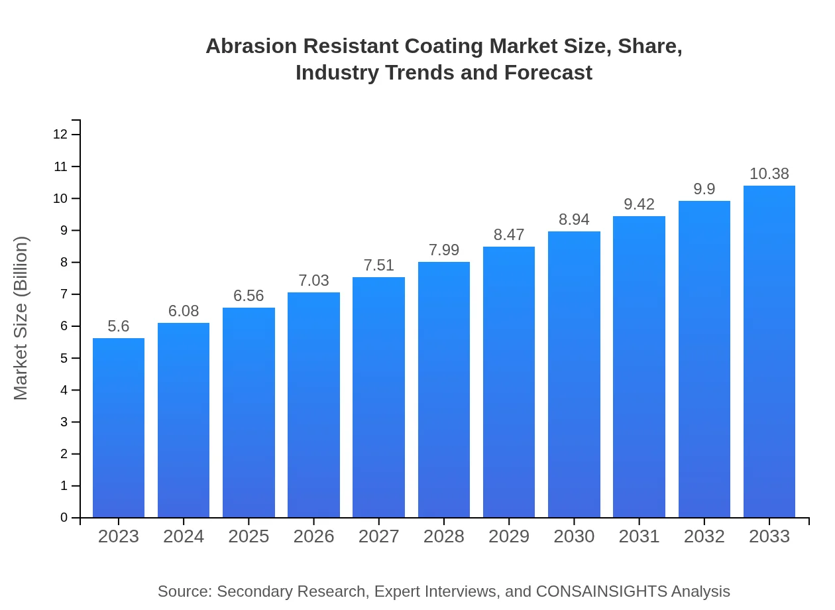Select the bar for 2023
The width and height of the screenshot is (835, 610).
pyautogui.click(x=119, y=428)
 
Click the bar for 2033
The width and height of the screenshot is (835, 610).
pyautogui.click(x=769, y=351)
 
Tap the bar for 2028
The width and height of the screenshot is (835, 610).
pyautogui.click(x=444, y=390)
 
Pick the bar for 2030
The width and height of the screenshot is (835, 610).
pyautogui.click(x=574, y=375)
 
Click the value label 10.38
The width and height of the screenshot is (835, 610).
pyautogui.click(x=769, y=174)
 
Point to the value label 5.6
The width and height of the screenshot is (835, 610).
pyautogui.click(x=119, y=326)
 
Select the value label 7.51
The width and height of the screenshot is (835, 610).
pyautogui.click(x=379, y=265)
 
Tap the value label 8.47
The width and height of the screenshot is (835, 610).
pyautogui.click(x=509, y=235)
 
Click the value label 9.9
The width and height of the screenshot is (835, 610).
pyautogui.click(x=704, y=189)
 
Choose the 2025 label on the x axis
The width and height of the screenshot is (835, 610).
pyautogui.click(x=249, y=536)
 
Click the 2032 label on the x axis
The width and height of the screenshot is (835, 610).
pyautogui.click(x=704, y=536)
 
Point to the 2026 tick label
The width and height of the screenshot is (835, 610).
pyautogui.click(x=314, y=536)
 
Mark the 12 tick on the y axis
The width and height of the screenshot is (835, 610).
pyautogui.click(x=60, y=135)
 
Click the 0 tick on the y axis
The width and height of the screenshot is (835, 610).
pyautogui.click(x=64, y=518)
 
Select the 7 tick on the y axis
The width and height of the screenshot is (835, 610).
pyautogui.click(x=64, y=294)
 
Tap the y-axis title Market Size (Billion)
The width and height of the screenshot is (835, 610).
pyautogui.click(x=21, y=318)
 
